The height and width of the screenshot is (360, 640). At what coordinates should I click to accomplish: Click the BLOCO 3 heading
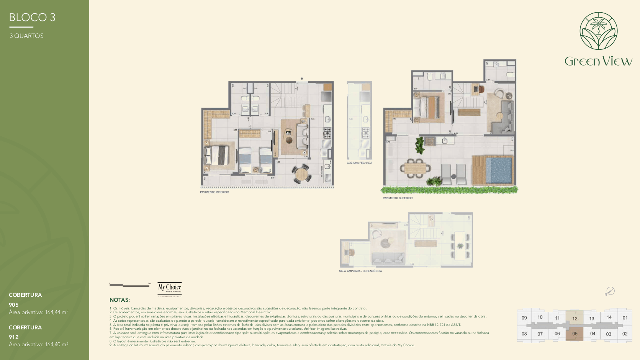coord(32,17)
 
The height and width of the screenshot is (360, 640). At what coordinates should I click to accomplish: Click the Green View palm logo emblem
coord(598,31)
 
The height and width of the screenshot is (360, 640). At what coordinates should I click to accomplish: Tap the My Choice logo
coord(170,288)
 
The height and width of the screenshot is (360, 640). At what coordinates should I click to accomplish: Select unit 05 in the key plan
coord(575,334)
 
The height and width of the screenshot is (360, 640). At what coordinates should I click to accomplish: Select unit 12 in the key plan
coord(575,318)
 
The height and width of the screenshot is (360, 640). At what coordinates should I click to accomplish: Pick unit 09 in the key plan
coord(524,318)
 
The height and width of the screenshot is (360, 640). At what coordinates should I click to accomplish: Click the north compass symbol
coord(611,291)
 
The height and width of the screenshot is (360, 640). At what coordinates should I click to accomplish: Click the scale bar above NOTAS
coord(129,285)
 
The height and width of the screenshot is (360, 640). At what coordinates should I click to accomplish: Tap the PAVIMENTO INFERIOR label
coord(214,192)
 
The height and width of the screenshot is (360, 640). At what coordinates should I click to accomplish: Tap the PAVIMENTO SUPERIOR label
coord(398,198)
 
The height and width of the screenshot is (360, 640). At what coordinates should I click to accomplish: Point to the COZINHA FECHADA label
coord(359,163)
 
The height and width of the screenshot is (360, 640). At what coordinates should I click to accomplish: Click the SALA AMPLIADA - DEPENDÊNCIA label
coord(360,271)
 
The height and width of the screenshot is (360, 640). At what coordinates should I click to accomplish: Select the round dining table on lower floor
coord(302,174)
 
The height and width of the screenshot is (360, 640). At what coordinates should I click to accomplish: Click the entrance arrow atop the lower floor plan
coord(302,79)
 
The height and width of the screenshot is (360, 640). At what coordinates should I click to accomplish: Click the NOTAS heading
coord(119,300)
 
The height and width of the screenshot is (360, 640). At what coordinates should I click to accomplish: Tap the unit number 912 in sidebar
coord(14,337)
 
